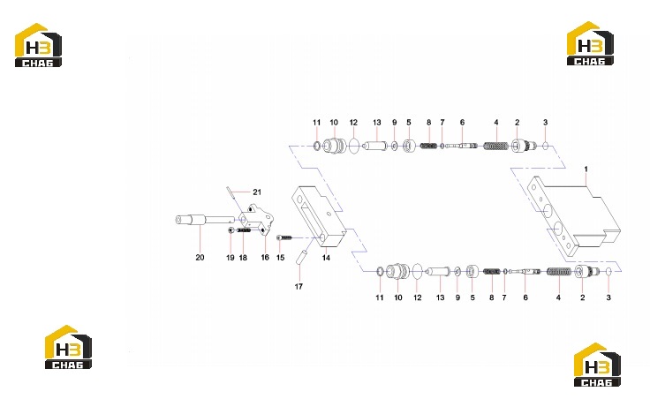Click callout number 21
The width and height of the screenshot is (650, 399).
coord(257,192)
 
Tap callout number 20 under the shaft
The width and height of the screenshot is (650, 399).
coord(200,257)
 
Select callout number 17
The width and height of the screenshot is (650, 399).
coord(299,286)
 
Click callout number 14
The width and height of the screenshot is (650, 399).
coord(326,258)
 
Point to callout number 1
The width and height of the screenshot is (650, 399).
coord(586,169)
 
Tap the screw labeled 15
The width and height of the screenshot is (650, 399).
coord(284,237)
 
